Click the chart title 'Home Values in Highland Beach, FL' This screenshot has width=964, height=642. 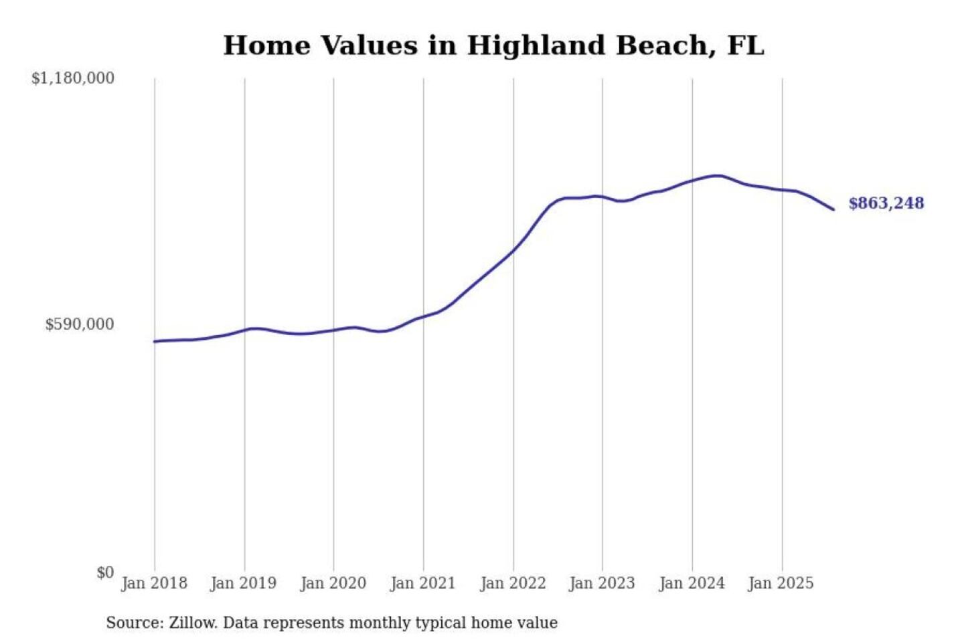tap(493, 45)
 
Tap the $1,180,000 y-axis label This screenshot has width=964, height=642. tap(73, 78)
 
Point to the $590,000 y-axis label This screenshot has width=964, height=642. tap(80, 324)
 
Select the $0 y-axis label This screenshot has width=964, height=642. tap(105, 572)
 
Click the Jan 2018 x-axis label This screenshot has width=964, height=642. tap(154, 583)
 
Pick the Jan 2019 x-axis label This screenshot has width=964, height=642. tap(243, 583)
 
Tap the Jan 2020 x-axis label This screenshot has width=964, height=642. tap(333, 583)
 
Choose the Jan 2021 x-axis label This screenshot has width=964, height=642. tap(422, 583)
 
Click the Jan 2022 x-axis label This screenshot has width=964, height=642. tap(513, 583)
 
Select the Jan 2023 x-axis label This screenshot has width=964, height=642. tap(602, 583)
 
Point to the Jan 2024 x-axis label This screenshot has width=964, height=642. tap(692, 583)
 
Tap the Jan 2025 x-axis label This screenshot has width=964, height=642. tap(781, 583)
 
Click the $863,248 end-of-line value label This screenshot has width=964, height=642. tap(886, 203)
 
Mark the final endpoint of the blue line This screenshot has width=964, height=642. tap(833, 209)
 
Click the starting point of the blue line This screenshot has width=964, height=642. tap(155, 342)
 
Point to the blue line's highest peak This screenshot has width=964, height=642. tap(718, 176)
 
